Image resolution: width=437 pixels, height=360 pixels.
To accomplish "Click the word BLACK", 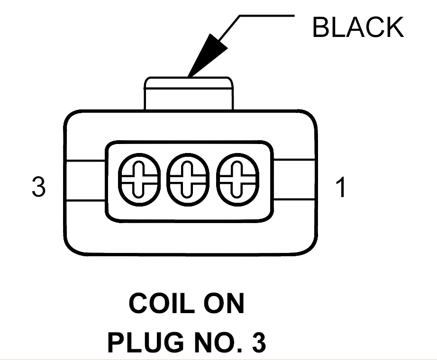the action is (x=358, y=27).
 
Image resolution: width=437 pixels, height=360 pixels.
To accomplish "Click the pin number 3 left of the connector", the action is (x=38, y=187).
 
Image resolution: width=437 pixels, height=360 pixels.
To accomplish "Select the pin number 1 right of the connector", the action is (x=341, y=187).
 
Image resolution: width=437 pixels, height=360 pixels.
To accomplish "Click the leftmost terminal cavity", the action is (x=139, y=180).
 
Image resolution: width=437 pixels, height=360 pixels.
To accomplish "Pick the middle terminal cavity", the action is (x=188, y=180).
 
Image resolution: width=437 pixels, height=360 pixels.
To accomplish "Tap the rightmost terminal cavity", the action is (x=237, y=180).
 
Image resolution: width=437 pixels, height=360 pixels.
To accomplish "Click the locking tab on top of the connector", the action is (x=189, y=93).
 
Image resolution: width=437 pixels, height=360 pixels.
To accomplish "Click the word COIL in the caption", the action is (x=162, y=303).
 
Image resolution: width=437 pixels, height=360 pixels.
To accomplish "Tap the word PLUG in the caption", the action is (x=146, y=342).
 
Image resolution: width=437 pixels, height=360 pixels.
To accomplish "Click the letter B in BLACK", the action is (x=321, y=27).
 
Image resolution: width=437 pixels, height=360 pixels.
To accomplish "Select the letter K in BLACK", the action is (x=395, y=27).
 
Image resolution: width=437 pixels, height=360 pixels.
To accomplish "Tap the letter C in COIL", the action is (x=138, y=303).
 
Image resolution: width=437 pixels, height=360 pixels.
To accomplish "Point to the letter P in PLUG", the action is (x=116, y=342).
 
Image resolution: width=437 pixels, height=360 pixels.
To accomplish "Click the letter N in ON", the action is (x=235, y=303).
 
